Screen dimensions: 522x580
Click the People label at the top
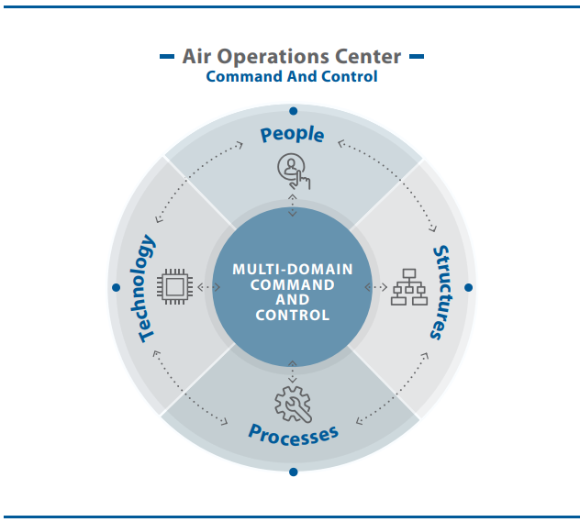tap(292, 134)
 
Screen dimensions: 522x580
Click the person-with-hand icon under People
tap(293, 171)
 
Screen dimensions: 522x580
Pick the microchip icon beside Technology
tap(175, 286)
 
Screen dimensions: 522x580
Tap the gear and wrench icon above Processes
tap(292, 404)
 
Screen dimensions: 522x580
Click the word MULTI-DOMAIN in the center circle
tap(292, 270)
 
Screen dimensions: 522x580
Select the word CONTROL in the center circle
tap(292, 315)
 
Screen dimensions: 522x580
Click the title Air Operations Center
tap(292, 57)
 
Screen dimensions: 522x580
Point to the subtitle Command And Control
tap(292, 77)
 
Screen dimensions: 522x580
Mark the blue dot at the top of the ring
tap(293, 110)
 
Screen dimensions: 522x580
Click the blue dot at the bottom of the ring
tap(293, 472)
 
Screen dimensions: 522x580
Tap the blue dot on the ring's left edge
tap(116, 287)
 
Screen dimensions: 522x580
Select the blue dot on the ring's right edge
tap(468, 287)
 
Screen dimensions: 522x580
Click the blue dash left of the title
tap(167, 57)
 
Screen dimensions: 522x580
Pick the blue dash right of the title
tap(416, 57)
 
